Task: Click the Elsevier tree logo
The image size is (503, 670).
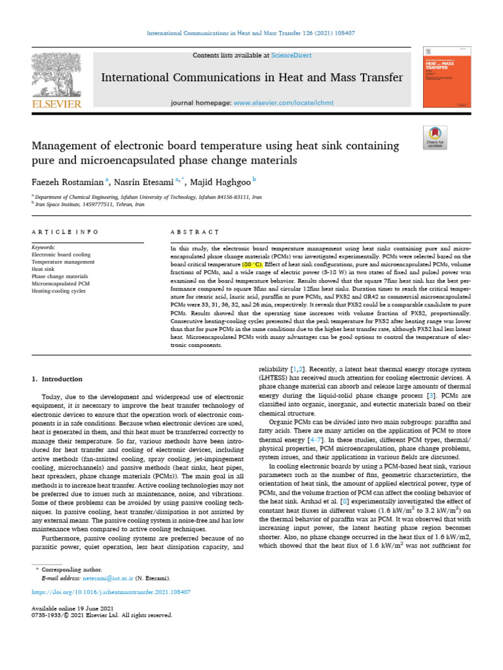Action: click(x=55, y=74)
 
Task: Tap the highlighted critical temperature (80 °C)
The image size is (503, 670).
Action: click(x=251, y=264)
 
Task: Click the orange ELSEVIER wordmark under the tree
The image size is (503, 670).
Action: click(x=55, y=103)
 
